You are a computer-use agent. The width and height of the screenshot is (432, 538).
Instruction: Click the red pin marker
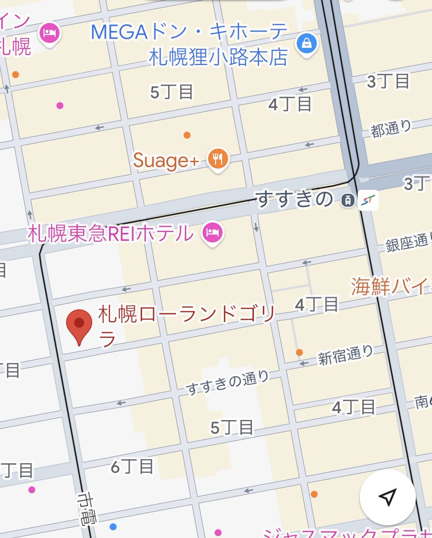79,324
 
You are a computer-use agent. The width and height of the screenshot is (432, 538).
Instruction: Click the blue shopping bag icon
307,45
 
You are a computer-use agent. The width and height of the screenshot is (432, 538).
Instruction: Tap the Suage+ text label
166,161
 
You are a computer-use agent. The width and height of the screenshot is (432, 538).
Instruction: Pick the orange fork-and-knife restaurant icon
218,159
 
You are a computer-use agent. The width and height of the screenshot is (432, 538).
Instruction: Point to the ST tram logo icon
369,200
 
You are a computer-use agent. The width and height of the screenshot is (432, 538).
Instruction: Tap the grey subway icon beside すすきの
347,200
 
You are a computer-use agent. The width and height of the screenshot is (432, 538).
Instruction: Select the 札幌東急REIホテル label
110,234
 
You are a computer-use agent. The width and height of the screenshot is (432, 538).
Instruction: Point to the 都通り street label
391,129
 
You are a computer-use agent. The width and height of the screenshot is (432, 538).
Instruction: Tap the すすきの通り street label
227,383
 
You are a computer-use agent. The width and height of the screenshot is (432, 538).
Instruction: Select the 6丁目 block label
132,467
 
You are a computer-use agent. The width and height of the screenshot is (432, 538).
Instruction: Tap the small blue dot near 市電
113,526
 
